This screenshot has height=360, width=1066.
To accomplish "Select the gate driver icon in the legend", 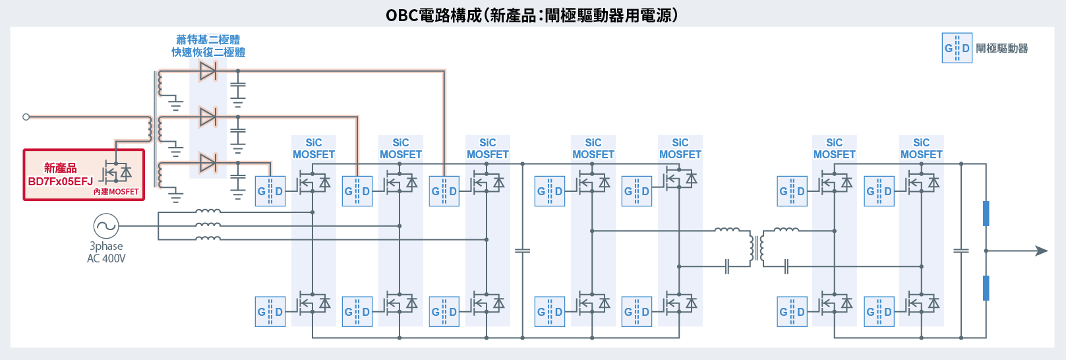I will coord(957,48).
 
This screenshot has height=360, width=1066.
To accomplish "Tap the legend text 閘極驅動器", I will coord(1001,48).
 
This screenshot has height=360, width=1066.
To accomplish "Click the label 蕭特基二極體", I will coord(208,40).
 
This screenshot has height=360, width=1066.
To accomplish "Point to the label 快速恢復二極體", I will coord(208,52).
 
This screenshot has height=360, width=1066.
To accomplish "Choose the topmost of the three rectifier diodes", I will coord(208,71).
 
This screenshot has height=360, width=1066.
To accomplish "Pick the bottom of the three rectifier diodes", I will coord(208,162).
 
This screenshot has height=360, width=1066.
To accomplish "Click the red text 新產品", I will coord(60,168).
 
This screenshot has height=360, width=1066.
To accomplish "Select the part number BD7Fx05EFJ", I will coord(60,181).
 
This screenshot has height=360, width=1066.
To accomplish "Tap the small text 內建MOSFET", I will coord(116,192).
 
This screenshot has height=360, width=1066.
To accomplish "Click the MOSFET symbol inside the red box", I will coord(116,173).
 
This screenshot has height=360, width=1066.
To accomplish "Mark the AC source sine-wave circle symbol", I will coord(105,226).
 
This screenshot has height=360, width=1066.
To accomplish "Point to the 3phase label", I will coord(106,246).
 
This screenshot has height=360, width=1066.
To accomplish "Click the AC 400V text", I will coord(106,258).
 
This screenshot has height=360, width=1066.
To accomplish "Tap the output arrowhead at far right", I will coord(1042,251).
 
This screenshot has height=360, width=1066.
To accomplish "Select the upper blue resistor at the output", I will coord(986,214).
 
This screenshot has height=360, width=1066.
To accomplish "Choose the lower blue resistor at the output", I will coord(986,288).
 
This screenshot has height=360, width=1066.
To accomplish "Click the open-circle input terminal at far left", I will coord(26,117).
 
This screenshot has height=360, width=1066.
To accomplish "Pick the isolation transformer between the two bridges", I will coord(757,248).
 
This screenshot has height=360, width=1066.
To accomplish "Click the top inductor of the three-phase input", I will coord(208,212).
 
